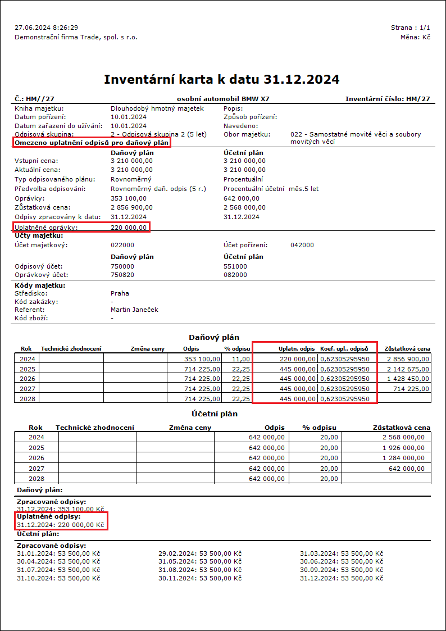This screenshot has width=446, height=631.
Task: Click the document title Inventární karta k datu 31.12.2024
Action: (222, 79)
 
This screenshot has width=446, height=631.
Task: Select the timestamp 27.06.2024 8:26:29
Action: (46, 28)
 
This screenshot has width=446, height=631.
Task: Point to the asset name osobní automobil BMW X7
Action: (222, 99)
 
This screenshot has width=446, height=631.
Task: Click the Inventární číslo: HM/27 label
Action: (388, 99)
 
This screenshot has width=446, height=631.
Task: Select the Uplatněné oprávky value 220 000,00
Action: (129, 228)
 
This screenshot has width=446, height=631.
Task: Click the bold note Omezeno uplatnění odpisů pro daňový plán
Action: (92, 143)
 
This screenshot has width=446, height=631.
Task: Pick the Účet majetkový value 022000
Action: (122, 245)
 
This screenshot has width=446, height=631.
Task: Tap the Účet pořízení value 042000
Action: (302, 245)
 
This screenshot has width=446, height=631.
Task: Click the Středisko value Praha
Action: (120, 293)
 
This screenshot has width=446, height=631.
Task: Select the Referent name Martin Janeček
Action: (134, 310)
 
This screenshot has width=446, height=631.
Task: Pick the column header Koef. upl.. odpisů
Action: (344, 349)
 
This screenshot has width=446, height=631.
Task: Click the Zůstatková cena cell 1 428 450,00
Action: (407, 379)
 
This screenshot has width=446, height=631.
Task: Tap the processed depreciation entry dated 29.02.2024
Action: (200, 553)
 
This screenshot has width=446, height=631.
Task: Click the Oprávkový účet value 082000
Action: (235, 275)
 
